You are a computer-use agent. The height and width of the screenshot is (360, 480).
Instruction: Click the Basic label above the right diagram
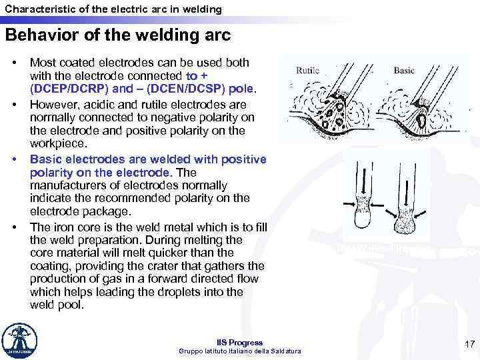click(403, 70)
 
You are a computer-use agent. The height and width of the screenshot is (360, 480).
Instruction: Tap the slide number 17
click(469, 345)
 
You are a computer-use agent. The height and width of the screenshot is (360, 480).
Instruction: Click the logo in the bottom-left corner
click(19, 341)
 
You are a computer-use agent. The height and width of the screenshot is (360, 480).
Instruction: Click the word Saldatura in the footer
click(285, 351)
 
